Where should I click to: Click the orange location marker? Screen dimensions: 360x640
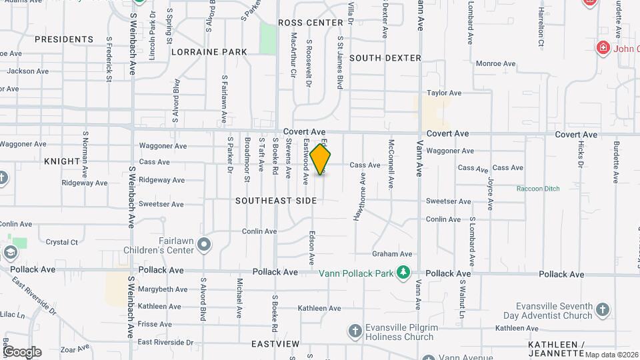tap(321, 159)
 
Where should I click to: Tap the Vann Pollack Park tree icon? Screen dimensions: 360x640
tap(402, 272)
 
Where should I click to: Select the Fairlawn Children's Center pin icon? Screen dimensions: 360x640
tap(204, 246)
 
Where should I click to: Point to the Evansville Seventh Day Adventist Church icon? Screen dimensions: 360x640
tap(602, 309)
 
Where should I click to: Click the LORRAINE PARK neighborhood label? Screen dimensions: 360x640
tap(209, 52)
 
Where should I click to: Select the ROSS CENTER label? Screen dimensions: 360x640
tap(310, 23)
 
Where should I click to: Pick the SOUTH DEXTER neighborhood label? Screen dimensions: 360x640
tap(385, 58)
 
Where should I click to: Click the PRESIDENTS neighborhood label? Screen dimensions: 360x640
tap(64, 39)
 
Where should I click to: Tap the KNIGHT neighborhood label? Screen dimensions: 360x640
tap(61, 161)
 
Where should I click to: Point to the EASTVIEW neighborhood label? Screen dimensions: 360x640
tap(275, 344)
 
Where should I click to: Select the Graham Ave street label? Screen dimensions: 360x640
tap(392, 254)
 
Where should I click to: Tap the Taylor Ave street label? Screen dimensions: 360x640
tap(444, 93)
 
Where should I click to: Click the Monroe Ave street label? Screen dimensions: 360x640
tap(495, 64)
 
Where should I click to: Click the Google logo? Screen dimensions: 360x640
tap(21, 352)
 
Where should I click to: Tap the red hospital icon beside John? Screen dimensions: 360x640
tap(603, 48)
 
